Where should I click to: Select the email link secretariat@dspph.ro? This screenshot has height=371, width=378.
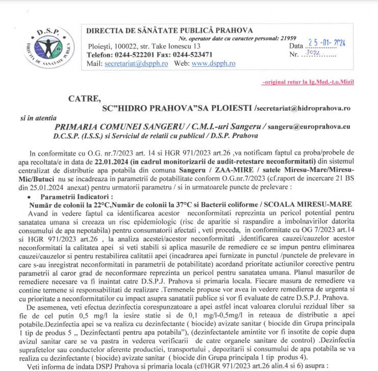[137, 63]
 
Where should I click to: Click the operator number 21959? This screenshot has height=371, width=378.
[286, 38]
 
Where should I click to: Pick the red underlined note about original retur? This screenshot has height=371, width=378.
[308, 82]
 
